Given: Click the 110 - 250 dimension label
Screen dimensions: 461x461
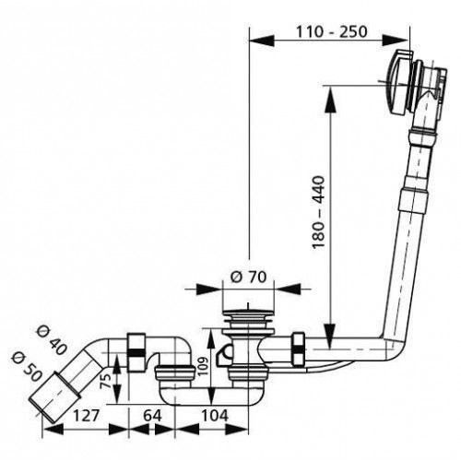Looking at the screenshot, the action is click(331, 31).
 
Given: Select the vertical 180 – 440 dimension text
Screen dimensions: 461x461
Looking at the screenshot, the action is click(318, 212).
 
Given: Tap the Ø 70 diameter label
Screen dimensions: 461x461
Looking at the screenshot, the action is click(248, 277).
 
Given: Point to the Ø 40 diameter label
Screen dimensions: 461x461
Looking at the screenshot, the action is click(51, 340).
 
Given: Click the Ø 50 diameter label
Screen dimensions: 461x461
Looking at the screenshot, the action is click(26, 367).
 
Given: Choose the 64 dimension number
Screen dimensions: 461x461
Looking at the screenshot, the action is click(152, 416).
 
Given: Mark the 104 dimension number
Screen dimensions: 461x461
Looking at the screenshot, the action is click(215, 416).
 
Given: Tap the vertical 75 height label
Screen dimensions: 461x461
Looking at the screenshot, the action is click(106, 381).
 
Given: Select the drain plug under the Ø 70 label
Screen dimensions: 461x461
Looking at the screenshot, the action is click(248, 320).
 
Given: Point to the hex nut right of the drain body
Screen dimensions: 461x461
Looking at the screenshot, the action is click(299, 349).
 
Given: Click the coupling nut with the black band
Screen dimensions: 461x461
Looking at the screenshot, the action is click(136, 352).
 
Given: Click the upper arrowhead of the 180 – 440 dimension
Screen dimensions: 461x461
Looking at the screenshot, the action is click(330, 99).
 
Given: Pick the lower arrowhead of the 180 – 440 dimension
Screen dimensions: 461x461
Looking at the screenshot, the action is click(330, 336).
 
